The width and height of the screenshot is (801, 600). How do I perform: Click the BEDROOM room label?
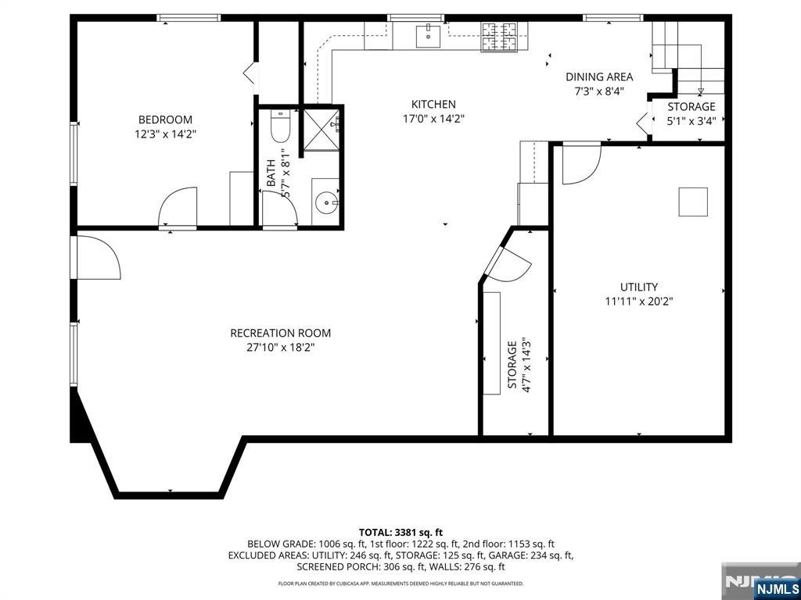(x=165, y=120)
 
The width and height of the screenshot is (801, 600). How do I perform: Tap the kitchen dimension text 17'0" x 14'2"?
(x=433, y=119)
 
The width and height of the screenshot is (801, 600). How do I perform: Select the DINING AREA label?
(x=599, y=77)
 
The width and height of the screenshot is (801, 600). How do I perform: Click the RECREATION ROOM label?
(x=280, y=333)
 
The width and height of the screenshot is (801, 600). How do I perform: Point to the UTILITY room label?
(x=639, y=287)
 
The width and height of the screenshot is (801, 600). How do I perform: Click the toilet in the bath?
(x=280, y=125)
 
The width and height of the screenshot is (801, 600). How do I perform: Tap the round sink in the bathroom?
(x=325, y=202)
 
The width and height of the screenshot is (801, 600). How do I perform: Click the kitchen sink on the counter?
(x=427, y=35)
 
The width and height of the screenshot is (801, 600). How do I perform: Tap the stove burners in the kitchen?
(x=501, y=37)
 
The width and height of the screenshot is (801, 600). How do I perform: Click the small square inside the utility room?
(x=692, y=202)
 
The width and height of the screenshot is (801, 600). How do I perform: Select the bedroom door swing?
(x=178, y=207)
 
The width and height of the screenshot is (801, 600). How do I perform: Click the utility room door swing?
(x=580, y=163)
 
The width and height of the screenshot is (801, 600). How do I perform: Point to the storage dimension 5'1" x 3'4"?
(x=691, y=120)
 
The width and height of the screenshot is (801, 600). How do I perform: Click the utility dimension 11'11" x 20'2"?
(x=639, y=301)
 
